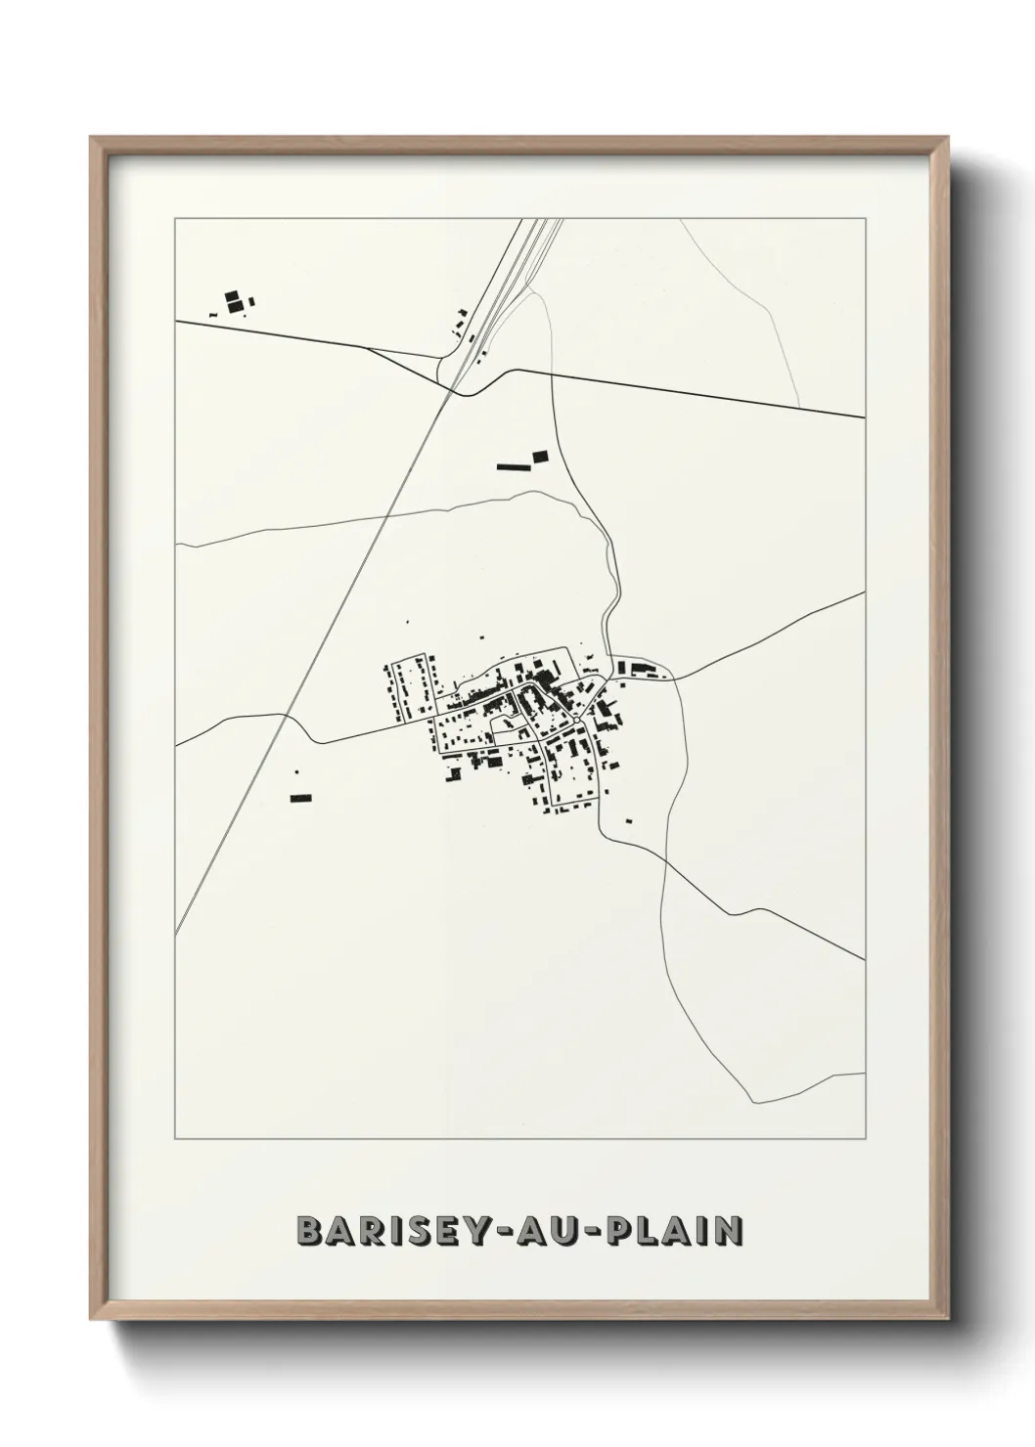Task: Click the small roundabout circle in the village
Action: pos(578,721)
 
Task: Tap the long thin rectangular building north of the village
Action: pos(512,467)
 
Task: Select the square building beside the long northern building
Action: pos(540,456)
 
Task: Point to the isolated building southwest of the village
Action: pos(299,799)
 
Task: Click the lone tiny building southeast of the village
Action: pos(628,819)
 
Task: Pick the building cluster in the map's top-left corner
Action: pos(236,301)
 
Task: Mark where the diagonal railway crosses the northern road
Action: pos(452,390)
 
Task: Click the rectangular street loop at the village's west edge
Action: pos(412,688)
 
